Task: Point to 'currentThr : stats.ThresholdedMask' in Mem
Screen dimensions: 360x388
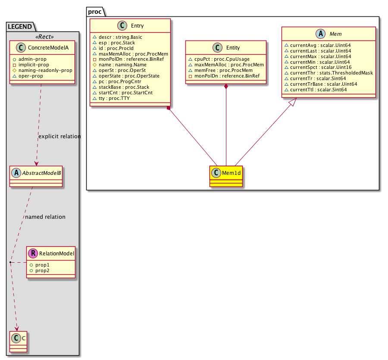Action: coord(331,73)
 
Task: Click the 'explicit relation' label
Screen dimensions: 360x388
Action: coord(59,137)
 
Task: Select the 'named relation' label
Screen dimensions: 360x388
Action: coord(45,217)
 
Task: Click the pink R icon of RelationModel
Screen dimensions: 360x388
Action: coord(33,254)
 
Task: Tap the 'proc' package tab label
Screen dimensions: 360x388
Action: coord(94,11)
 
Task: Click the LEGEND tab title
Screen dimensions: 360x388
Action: coord(19,27)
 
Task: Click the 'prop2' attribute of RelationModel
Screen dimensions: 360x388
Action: coord(42,270)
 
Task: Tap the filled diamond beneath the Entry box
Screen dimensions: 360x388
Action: coord(169,107)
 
